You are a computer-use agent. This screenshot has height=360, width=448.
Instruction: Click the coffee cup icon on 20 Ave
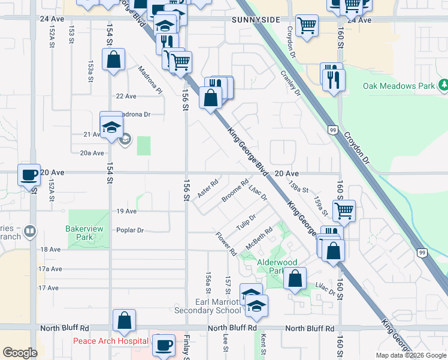[x=29, y=175]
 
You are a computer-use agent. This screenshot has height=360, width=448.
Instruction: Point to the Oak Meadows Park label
[x=398, y=86]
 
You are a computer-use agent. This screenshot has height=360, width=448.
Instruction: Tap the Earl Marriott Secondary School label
[x=208, y=306]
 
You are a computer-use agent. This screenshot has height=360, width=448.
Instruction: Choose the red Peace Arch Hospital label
[x=110, y=341]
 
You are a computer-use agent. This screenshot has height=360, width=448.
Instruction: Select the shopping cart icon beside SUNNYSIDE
[x=307, y=26]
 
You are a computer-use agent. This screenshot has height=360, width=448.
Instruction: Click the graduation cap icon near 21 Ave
[x=111, y=127]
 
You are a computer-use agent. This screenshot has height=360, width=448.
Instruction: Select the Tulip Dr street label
[x=246, y=221]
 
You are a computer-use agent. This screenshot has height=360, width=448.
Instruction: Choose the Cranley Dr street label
[x=290, y=83]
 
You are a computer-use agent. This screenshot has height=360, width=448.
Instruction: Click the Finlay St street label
[x=186, y=344]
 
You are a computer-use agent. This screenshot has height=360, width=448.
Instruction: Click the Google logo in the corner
[x=20, y=353]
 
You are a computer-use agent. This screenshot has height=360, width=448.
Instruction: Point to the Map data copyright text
[x=410, y=355]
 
